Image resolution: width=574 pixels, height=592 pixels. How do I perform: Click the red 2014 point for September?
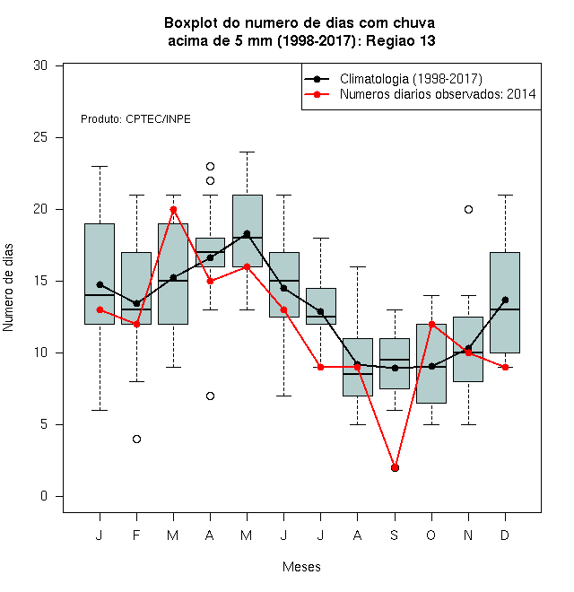395,468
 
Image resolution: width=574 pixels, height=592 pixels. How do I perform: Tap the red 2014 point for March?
173,209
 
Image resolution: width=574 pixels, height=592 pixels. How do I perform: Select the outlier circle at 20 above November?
468,209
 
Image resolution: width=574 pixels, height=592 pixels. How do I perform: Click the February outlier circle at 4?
136,439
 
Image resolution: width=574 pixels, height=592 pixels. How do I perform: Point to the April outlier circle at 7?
211,396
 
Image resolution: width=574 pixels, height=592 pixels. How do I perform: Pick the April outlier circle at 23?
211,166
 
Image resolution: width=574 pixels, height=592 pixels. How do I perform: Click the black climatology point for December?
505,300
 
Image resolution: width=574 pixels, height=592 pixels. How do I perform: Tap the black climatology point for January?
100,284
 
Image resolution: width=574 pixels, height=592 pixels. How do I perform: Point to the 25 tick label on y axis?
40,137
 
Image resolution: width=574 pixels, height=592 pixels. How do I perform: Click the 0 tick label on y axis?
44,496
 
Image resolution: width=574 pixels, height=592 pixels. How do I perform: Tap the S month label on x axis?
395,535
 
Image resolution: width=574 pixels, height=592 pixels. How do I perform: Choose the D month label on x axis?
505,535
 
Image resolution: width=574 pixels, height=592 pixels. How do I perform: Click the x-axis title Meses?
301,567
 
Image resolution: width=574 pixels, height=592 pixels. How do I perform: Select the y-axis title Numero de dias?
8,288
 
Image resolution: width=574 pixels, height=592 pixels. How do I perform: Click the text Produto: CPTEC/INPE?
135,119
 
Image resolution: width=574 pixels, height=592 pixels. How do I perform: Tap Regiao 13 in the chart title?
401,40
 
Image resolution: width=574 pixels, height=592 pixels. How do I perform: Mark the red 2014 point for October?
431,324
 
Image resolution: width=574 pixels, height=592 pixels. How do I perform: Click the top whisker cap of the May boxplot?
247,152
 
